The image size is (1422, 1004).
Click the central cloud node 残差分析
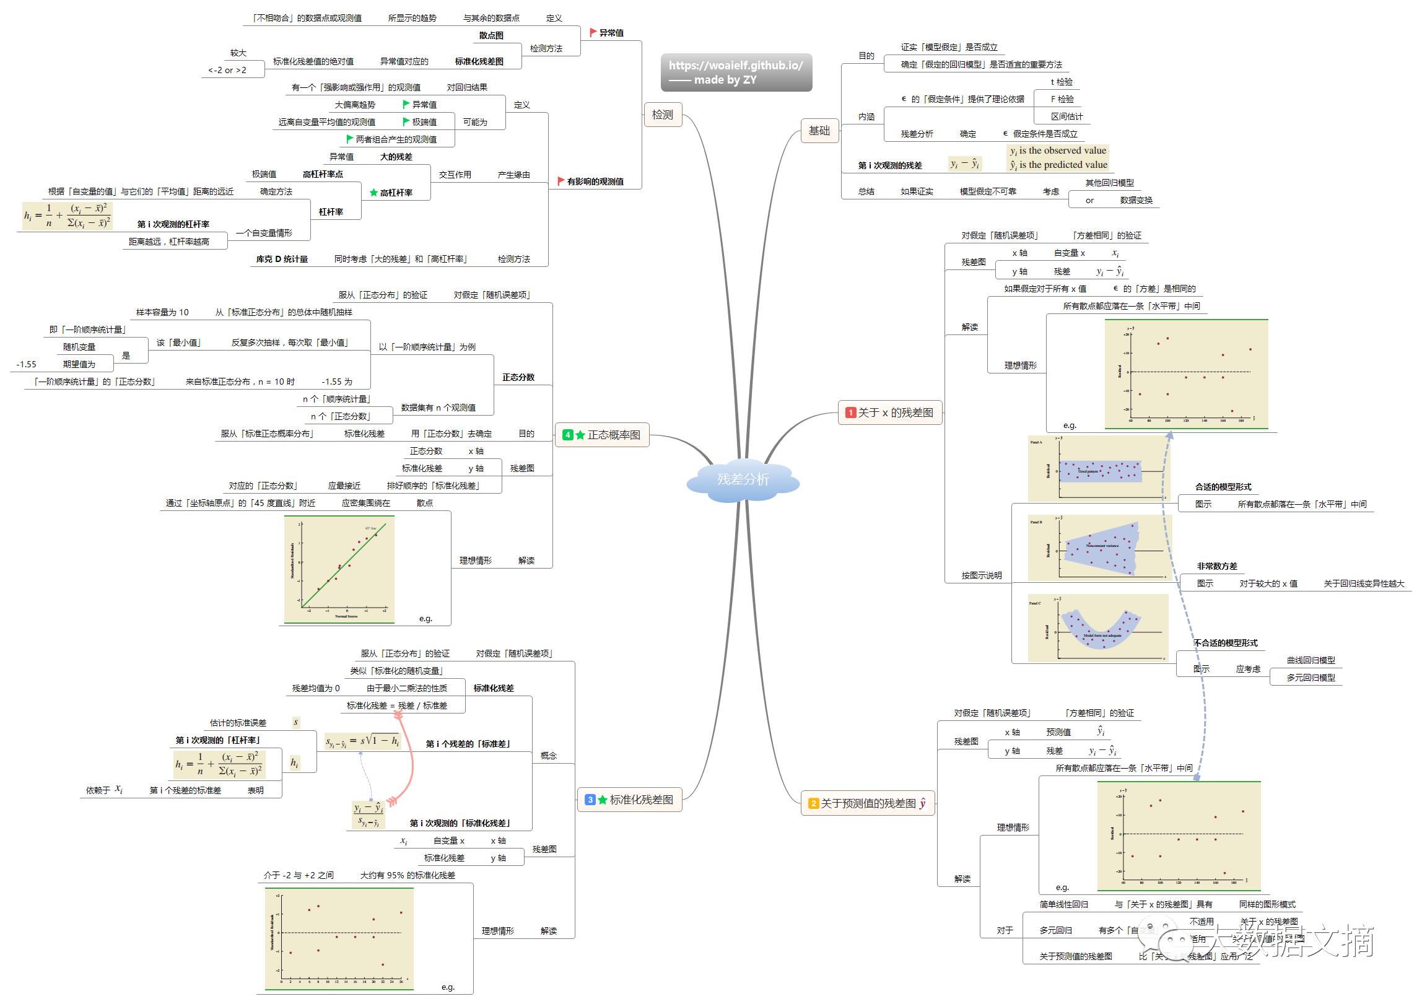point(743,479)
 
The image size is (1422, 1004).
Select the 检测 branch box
point(662,115)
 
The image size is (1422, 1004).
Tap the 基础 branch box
point(819,131)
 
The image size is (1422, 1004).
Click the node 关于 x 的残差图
point(890,413)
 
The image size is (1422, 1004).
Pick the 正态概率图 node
point(602,435)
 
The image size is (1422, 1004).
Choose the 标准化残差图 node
point(629,800)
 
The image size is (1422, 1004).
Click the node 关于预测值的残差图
point(868,803)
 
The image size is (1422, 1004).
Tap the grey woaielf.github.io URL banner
point(736,72)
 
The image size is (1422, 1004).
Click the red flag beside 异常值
point(593,32)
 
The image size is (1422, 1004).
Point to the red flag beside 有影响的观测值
point(561,181)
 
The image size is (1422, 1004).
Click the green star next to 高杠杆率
point(373,193)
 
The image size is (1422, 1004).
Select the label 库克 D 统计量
point(282,259)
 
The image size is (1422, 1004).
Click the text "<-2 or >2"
point(227,70)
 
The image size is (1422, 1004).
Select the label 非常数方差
point(1216,566)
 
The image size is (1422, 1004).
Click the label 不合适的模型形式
point(1226,643)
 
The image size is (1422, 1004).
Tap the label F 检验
point(1062,99)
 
